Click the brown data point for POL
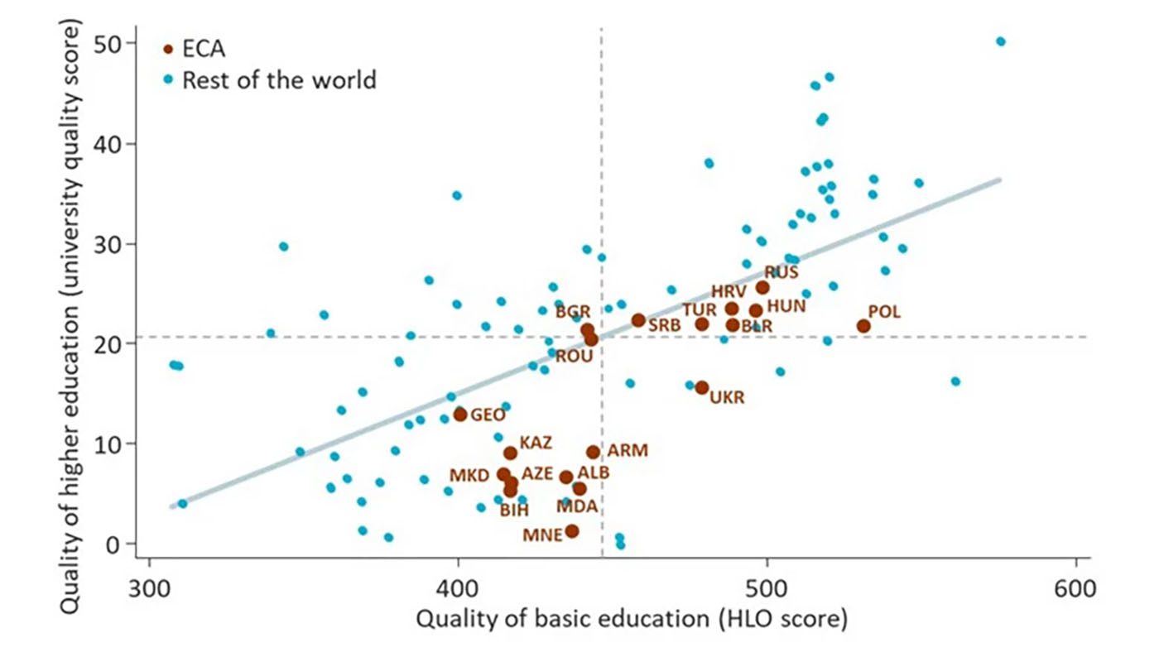[x=863, y=326]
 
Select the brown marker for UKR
[x=702, y=387]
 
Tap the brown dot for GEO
[x=460, y=415]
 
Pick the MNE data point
[x=572, y=531]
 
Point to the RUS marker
[x=762, y=288]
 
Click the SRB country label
[x=664, y=326]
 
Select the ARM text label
[x=628, y=451]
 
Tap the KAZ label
[x=536, y=443]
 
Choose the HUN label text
[x=786, y=306]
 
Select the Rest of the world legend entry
[x=278, y=80]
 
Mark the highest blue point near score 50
[x=1000, y=41]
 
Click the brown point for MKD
[x=503, y=474]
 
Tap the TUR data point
[x=702, y=324]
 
